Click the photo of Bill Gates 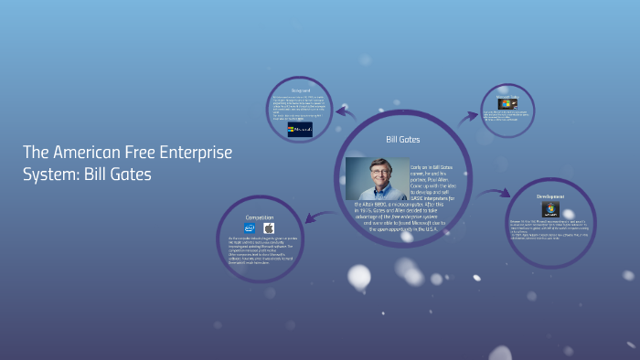tap(377, 179)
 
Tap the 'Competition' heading tap(260, 217)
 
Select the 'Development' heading tap(550, 196)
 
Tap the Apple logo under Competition tap(269, 228)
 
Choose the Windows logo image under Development tap(549, 209)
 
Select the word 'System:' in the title tap(49, 173)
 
